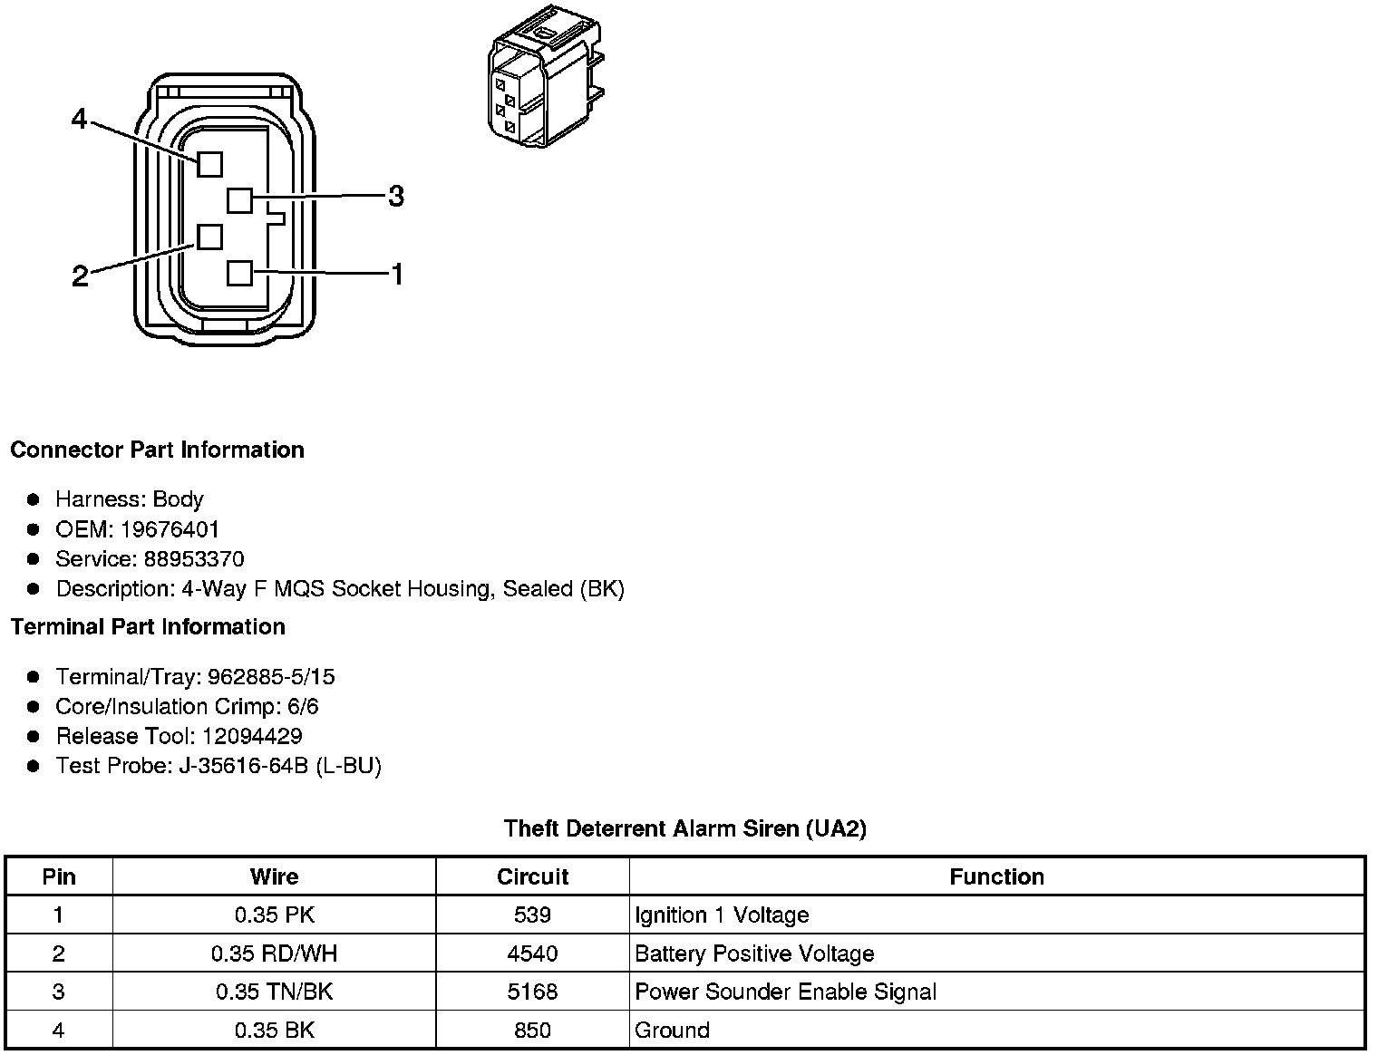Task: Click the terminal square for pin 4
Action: tap(209, 164)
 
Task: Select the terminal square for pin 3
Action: tap(239, 199)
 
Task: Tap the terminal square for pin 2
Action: tap(209, 237)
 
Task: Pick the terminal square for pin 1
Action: tap(239, 273)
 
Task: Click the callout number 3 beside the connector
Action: tap(396, 196)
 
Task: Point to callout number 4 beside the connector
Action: tap(80, 119)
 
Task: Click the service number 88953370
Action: tap(193, 559)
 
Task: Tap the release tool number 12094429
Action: tap(252, 736)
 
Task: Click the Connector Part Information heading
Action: tap(157, 450)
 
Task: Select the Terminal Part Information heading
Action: tap(148, 627)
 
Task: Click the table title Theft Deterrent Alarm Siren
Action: tap(684, 828)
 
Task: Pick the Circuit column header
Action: tap(532, 876)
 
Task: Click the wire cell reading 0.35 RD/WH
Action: tap(274, 953)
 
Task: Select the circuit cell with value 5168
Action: tap(532, 992)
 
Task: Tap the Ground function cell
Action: tap(672, 1031)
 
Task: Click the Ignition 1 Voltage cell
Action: tap(722, 915)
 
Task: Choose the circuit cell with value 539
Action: tap(532, 915)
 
